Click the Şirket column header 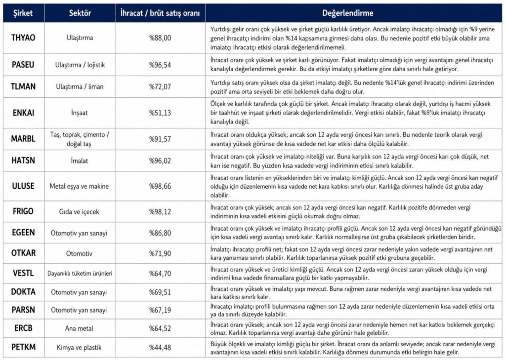(23, 13)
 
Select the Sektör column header (80, 13)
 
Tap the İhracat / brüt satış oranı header (160, 13)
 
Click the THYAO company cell (23, 38)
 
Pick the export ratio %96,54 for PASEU (160, 65)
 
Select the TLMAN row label (23, 86)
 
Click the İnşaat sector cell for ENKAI (80, 113)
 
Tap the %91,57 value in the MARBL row (160, 139)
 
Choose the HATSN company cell (23, 160)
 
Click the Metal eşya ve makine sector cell (80, 186)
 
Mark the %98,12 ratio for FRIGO (160, 211)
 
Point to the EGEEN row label (23, 233)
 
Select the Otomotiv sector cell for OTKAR (80, 253)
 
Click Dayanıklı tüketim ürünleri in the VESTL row (80, 273)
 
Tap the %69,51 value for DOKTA (160, 292)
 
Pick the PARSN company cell (23, 310)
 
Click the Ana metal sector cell (80, 328)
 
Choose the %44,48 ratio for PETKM (160, 347)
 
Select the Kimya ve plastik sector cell (80, 347)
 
